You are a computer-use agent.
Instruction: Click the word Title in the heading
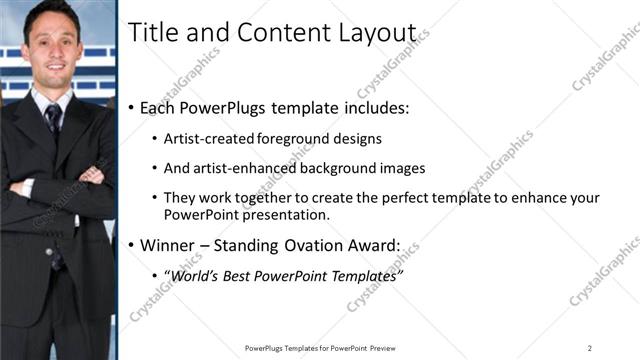[x=151, y=33]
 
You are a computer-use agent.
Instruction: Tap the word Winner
[x=167, y=244]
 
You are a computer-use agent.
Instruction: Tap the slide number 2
[x=590, y=347]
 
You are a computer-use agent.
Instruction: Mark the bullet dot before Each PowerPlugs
[x=132, y=107]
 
